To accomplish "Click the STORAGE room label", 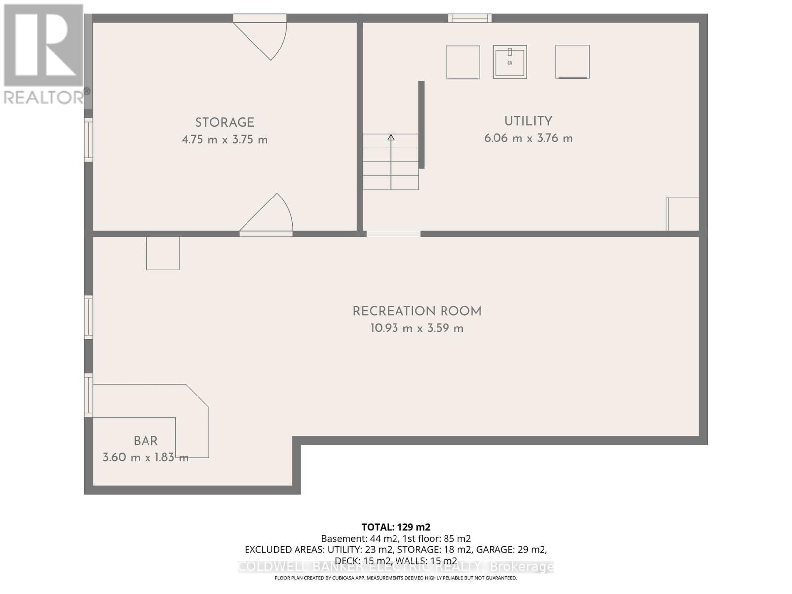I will click(x=224, y=122).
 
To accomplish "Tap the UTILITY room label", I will click(x=528, y=121).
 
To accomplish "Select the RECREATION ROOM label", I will click(x=417, y=311).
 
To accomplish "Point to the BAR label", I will click(x=146, y=441).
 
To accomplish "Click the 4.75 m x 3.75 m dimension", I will click(x=224, y=140).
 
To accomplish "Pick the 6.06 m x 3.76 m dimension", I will click(x=528, y=138).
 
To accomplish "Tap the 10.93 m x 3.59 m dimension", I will click(x=417, y=328).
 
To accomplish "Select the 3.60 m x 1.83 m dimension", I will click(x=146, y=457).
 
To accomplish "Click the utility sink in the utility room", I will click(x=509, y=62).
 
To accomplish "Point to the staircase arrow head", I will click(x=391, y=137).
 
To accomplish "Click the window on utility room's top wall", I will click(x=470, y=18).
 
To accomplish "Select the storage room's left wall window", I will click(x=88, y=140).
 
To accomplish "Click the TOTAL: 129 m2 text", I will click(x=396, y=527).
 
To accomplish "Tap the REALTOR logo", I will click(x=44, y=54).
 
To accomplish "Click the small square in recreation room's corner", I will click(x=162, y=253).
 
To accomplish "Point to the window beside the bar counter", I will click(x=88, y=395).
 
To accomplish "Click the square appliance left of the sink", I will click(x=463, y=62).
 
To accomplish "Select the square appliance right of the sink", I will click(x=572, y=61).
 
